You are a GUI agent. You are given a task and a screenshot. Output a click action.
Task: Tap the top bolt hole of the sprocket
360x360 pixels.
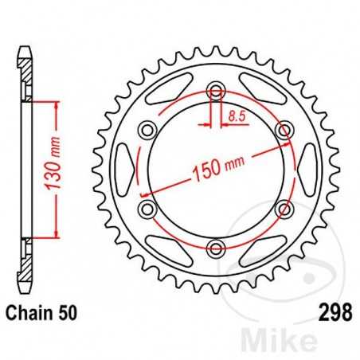(215, 89)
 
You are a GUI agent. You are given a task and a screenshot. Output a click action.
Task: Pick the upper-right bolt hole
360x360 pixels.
(283, 129)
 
